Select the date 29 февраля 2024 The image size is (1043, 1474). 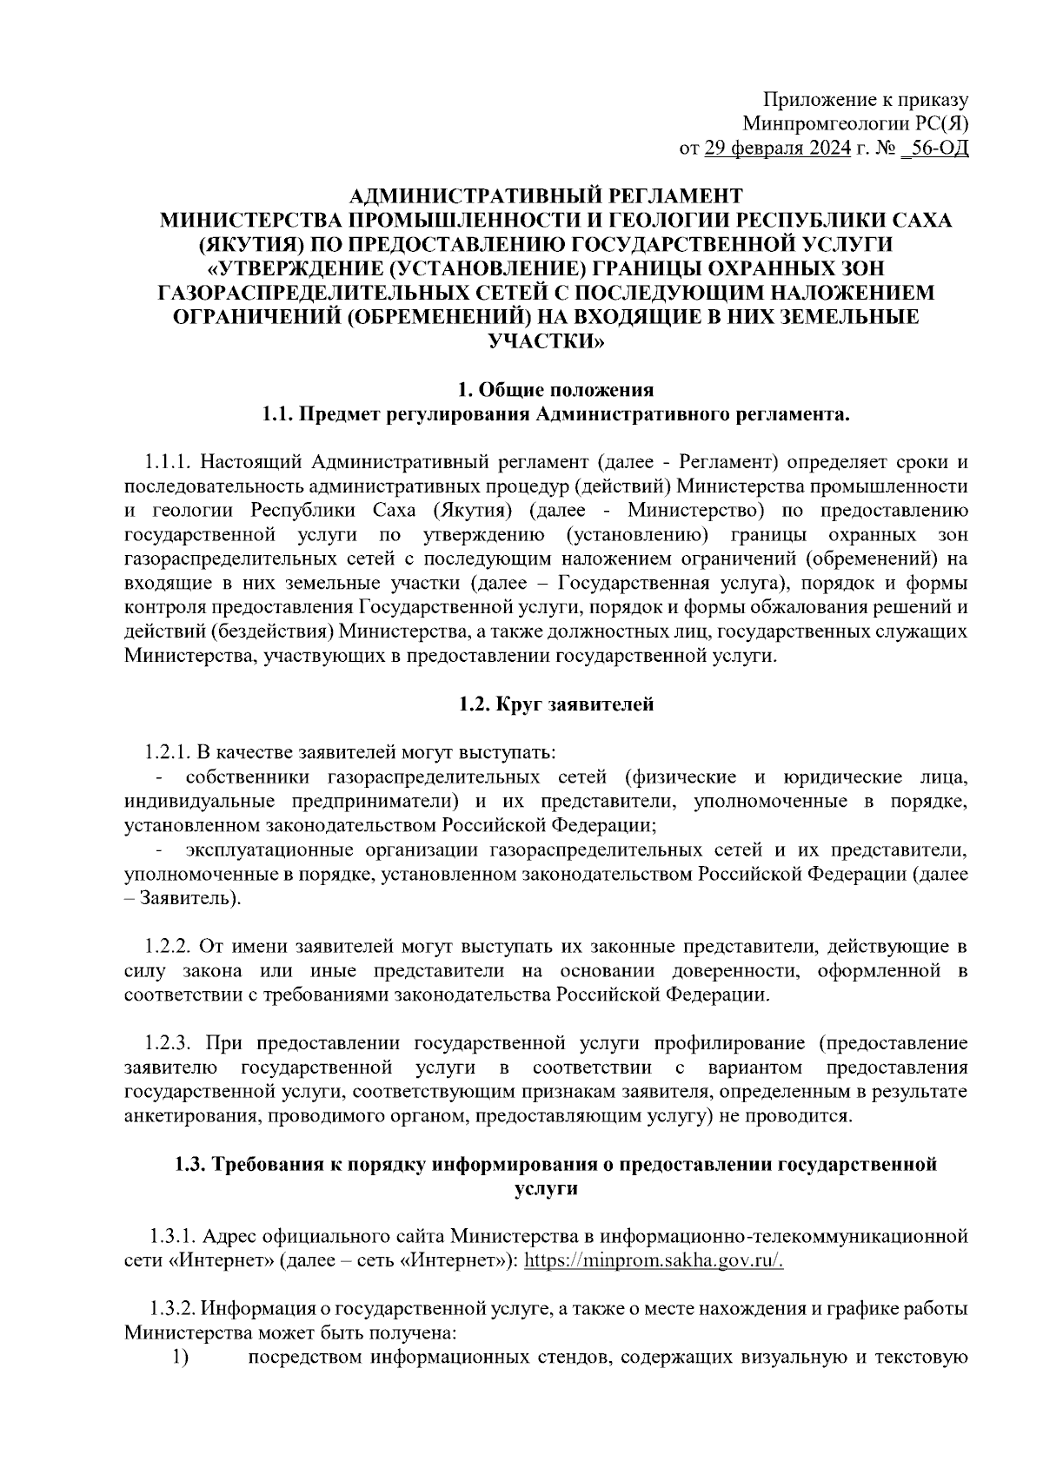(x=777, y=149)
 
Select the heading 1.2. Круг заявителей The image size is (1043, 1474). (x=556, y=704)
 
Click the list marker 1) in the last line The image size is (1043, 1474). (x=180, y=1358)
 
